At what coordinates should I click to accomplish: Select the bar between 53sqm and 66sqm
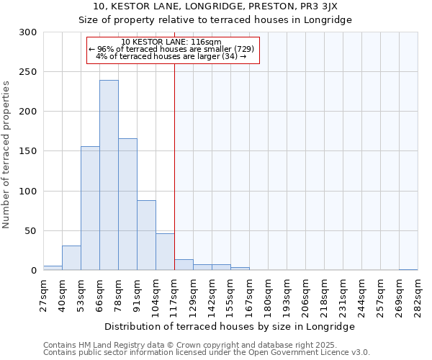click(90, 208)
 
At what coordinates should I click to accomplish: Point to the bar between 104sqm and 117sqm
click(165, 251)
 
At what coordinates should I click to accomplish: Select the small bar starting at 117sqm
click(184, 265)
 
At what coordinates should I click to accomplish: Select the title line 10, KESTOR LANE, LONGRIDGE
click(215, 6)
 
